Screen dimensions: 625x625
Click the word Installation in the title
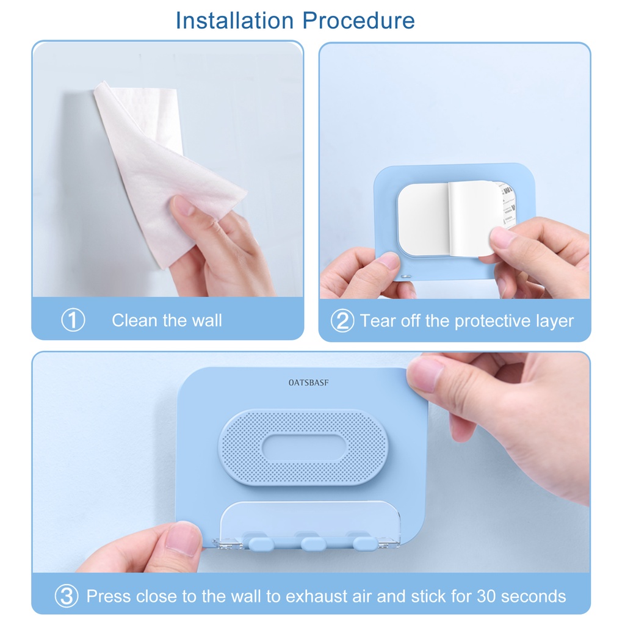pos(235,20)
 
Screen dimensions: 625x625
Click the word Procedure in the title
pos(358,20)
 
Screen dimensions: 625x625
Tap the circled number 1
pos(73,320)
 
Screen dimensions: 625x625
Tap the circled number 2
pos(342,320)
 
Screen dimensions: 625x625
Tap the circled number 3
pos(67,596)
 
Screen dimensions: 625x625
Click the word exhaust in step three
pos(317,596)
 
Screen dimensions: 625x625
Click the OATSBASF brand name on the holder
pos(308,383)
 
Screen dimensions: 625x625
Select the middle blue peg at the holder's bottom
pos(313,543)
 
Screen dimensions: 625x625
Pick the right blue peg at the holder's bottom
pos(365,543)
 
